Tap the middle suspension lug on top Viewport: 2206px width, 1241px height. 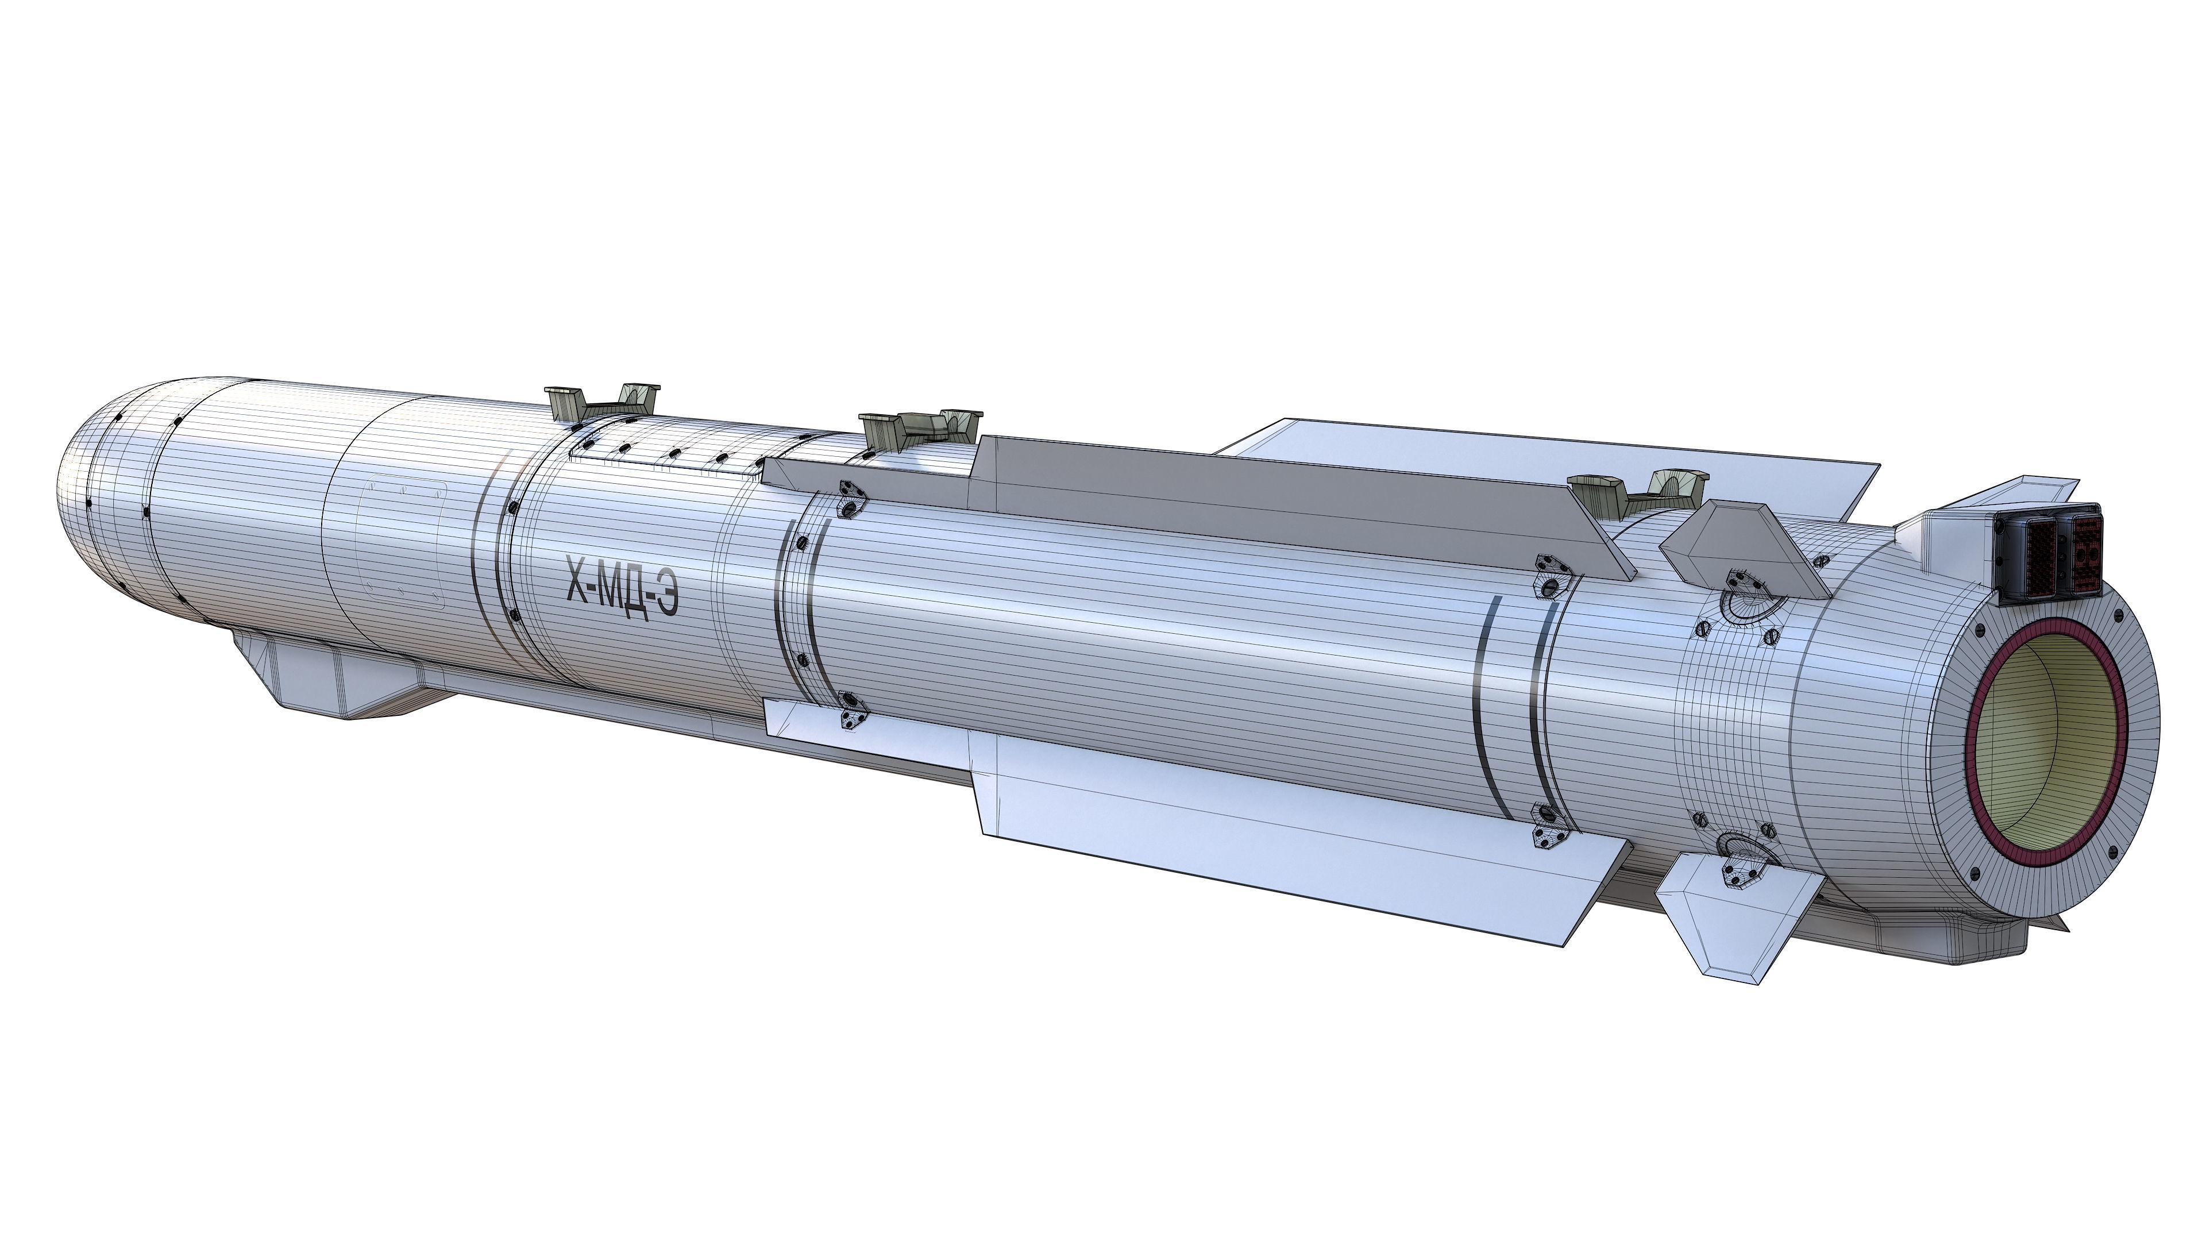920,426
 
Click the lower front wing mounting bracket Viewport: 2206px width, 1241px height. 850,712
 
